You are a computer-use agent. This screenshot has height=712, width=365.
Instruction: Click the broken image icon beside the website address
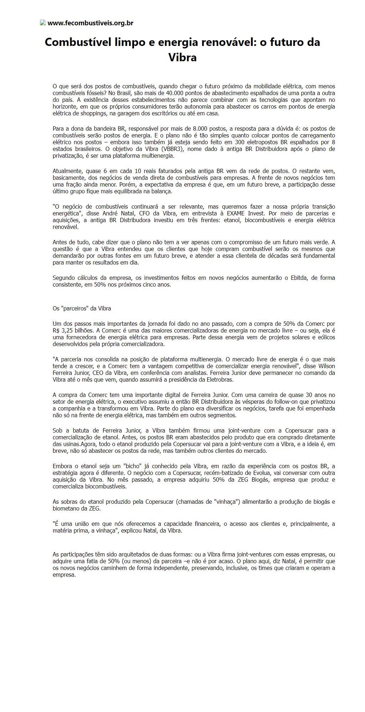point(43,23)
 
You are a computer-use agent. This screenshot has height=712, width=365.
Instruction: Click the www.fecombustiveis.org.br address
point(91,23)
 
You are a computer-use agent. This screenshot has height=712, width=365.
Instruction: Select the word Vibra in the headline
point(182,57)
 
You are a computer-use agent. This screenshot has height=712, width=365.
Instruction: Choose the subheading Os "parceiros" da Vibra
point(82,308)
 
